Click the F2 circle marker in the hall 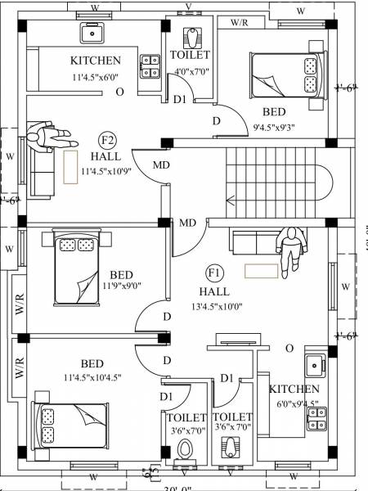pos(107,139)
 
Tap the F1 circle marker pos(215,273)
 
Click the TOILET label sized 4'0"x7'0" pos(190,55)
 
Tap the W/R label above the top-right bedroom pos(241,23)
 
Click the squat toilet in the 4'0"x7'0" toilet pos(191,37)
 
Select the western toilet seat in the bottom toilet pos(186,449)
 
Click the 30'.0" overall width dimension pos(183,489)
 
